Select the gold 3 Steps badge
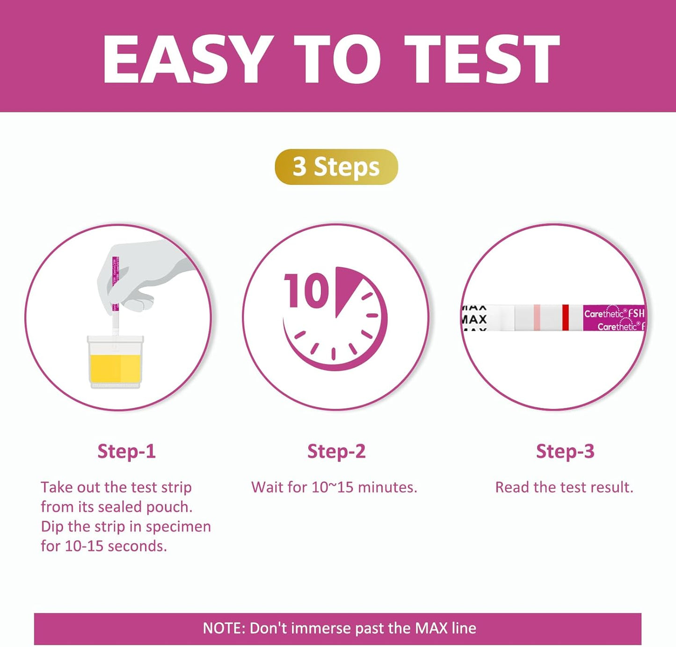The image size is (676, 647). tap(336, 167)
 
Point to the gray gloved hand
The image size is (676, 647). tap(140, 276)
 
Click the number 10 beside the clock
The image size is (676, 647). tap(306, 291)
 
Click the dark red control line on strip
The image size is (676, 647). tap(565, 317)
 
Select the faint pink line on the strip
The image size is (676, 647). tap(537, 317)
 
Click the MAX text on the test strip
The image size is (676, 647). tap(474, 319)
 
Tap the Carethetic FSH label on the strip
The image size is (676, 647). tap(614, 314)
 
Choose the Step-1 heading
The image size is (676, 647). tap(126, 451)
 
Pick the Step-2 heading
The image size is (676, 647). tap(336, 451)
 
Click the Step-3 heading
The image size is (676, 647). tap(565, 451)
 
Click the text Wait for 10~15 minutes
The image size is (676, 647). tap(334, 487)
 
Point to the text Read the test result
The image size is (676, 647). tap(564, 487)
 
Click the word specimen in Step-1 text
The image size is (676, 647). tap(178, 527)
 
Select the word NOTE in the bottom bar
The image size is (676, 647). tap(223, 628)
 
